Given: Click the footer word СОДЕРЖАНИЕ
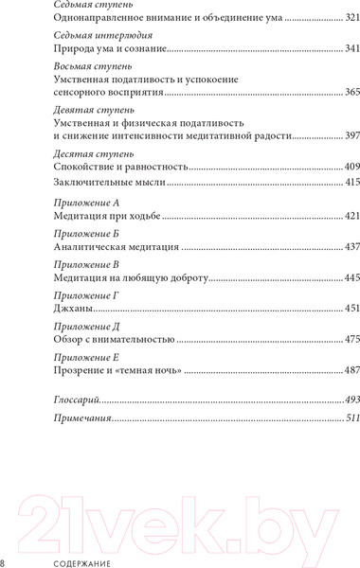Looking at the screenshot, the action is tap(61, 561).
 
